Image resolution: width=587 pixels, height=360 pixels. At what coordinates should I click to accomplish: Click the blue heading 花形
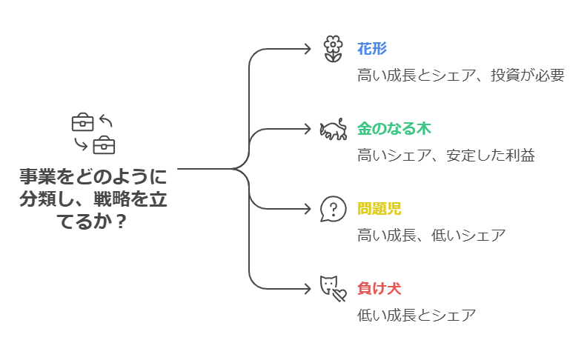coord(372,49)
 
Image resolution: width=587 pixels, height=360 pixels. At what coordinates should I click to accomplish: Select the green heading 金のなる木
coord(394,129)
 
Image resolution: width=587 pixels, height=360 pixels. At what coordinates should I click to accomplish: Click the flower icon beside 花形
coord(334,49)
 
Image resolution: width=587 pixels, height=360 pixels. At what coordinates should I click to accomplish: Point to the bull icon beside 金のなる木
coord(334,130)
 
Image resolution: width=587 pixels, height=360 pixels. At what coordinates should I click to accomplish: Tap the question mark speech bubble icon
coord(334,208)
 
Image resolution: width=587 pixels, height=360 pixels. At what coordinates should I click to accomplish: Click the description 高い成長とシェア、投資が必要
coord(460,76)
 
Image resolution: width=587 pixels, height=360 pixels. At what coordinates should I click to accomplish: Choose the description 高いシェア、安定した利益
coord(445,156)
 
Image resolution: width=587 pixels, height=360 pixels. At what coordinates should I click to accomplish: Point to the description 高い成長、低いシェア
coord(431,236)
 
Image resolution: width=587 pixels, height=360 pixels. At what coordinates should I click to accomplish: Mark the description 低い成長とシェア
coord(417,315)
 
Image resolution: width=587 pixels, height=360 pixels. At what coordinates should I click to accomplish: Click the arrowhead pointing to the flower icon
coord(308,49)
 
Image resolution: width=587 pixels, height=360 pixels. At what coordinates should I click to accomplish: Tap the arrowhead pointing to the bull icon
coord(308,129)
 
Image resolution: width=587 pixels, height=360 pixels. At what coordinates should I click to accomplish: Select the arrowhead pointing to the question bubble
coord(308,208)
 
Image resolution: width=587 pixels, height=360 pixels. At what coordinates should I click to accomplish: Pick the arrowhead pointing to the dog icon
coord(308,287)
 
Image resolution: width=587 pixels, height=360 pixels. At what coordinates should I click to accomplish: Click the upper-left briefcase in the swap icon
coord(82,122)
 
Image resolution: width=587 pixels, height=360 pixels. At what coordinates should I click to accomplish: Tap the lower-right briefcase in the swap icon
coord(104,144)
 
